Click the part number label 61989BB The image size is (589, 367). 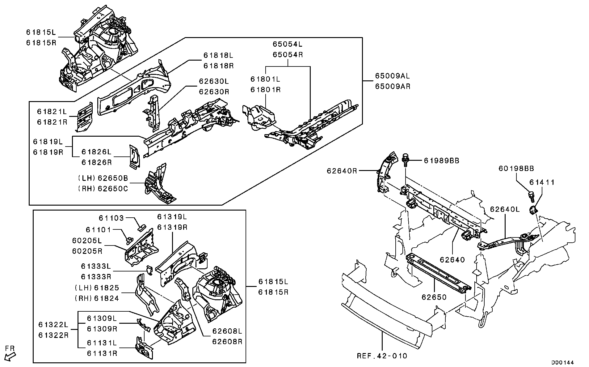441,161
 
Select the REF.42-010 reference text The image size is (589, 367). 382,356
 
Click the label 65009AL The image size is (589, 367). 393,76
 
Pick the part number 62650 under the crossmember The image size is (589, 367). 434,297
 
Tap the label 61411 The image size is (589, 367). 542,182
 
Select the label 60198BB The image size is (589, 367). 516,169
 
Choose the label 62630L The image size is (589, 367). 214,81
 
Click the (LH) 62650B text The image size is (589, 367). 103,178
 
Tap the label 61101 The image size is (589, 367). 98,230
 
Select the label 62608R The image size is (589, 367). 227,342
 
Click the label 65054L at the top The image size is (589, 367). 288,44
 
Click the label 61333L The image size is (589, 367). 96,266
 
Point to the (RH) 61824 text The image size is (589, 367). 97,298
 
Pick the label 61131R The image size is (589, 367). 102,353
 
